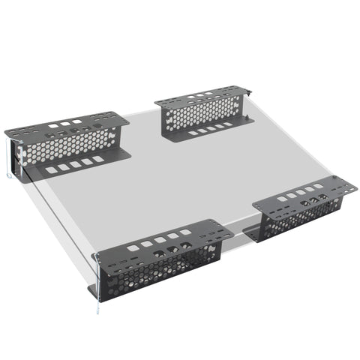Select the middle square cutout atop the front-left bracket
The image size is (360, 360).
point(160,239)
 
